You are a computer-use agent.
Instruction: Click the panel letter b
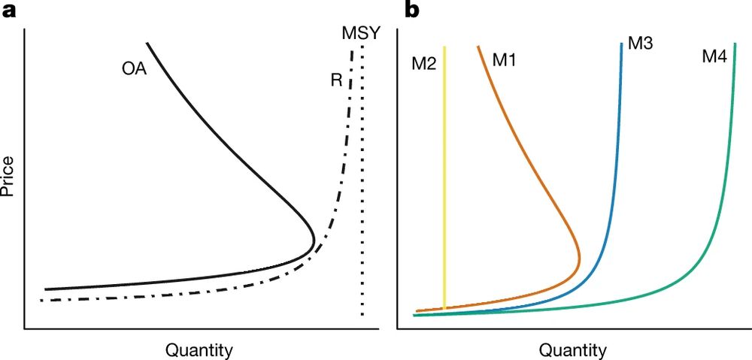click(414, 10)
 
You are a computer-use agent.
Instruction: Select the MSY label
click(360, 34)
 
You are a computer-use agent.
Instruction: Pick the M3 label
click(640, 44)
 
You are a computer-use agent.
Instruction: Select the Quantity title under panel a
click(198, 349)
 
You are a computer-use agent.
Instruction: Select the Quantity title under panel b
click(572, 349)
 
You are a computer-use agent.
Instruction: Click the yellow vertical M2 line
click(445, 180)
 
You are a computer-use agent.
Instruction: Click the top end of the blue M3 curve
click(621, 44)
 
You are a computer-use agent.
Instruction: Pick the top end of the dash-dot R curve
click(352, 52)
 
